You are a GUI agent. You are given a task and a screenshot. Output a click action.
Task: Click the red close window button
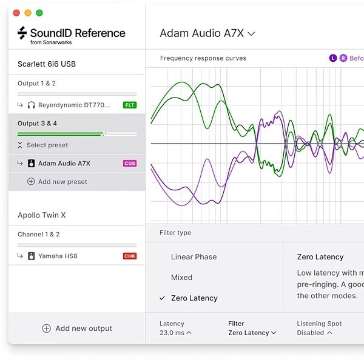(16, 13)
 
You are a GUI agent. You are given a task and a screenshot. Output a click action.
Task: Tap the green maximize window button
(39, 13)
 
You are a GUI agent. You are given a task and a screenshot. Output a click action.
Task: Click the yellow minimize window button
(28, 13)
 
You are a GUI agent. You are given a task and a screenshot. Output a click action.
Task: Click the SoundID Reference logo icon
(22, 33)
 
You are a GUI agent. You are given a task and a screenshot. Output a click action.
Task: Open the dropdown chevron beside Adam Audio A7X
(251, 34)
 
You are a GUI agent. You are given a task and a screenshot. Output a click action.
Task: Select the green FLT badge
(130, 105)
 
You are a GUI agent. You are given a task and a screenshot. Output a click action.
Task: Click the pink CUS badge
(130, 163)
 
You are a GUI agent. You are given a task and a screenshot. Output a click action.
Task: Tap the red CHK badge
(130, 256)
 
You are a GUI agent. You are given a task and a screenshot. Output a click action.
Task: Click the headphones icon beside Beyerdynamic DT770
(31, 105)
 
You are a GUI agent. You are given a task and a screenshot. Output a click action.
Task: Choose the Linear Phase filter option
(194, 257)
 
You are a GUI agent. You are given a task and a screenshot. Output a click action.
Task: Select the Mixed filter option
(181, 278)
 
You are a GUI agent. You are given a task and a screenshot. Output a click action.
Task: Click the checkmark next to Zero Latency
(162, 298)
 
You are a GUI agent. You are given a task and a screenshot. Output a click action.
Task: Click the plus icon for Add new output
(47, 328)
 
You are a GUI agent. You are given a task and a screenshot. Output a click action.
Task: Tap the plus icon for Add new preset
(31, 181)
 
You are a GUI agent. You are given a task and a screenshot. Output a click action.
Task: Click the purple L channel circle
(333, 58)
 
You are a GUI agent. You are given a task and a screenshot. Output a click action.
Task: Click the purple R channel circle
(343, 58)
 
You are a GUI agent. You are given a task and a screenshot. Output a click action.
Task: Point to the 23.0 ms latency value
(172, 333)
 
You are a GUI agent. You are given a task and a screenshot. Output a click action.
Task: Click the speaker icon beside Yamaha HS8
(31, 256)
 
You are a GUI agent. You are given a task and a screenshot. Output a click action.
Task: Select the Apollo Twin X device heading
(42, 215)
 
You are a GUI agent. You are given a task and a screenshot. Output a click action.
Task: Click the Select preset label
(47, 145)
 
